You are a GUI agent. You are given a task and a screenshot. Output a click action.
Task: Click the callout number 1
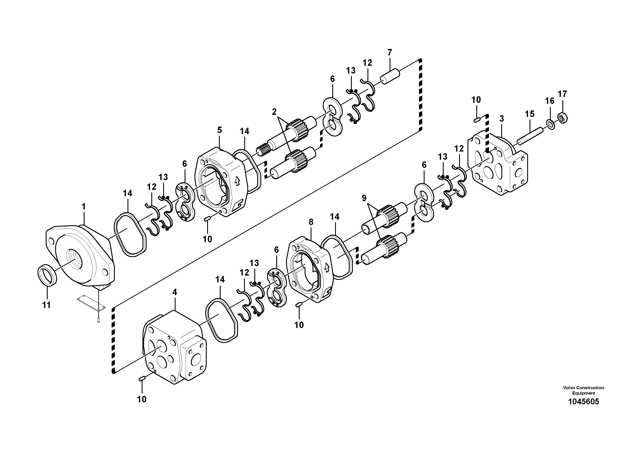(x=83, y=207)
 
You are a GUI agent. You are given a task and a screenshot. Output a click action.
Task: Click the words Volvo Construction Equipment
(x=583, y=390)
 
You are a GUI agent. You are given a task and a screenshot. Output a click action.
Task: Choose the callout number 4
(x=175, y=292)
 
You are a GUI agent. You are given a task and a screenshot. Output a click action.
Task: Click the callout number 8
(x=311, y=222)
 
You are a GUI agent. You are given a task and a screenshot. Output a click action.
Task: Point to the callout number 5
(x=220, y=130)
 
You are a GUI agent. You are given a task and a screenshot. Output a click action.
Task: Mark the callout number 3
(x=501, y=119)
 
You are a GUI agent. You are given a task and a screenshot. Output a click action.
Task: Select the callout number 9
(x=364, y=198)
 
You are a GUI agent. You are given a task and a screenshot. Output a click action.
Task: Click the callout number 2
(x=274, y=112)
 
